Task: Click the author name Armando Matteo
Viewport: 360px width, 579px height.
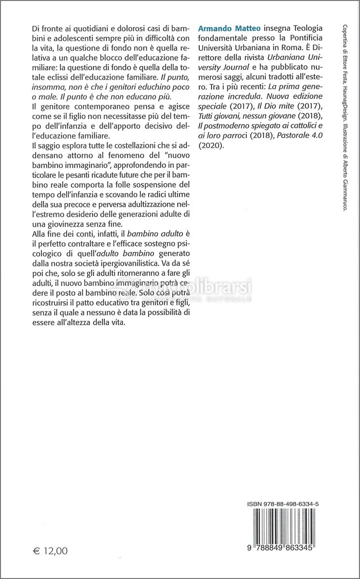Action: point(226,28)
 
